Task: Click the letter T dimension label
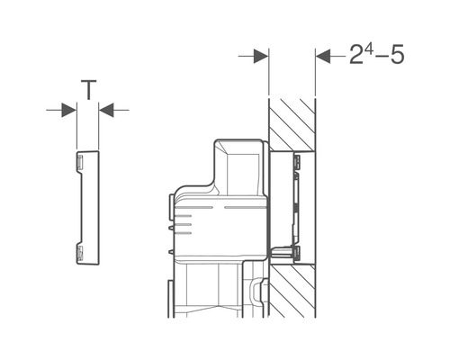pos(88,89)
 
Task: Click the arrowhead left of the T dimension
pos(68,110)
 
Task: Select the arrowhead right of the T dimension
pos(106,110)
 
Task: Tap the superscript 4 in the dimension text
pos(369,50)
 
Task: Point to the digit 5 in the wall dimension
pos(397,55)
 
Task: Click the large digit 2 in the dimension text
pos(357,55)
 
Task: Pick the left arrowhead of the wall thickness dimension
pos(261,56)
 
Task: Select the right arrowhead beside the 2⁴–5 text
pos(323,56)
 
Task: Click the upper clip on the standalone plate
pos(80,162)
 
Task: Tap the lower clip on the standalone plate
pos(80,253)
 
